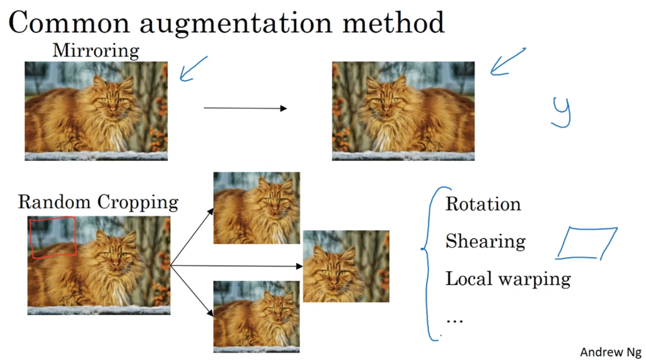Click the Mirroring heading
[96, 51]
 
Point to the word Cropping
[138, 202]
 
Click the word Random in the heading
[54, 202]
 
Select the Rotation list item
[483, 204]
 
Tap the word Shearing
[485, 241]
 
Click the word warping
[535, 279]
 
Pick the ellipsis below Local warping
[455, 320]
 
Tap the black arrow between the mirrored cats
[245, 108]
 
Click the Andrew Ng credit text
[611, 352]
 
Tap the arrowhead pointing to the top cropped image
[210, 212]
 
